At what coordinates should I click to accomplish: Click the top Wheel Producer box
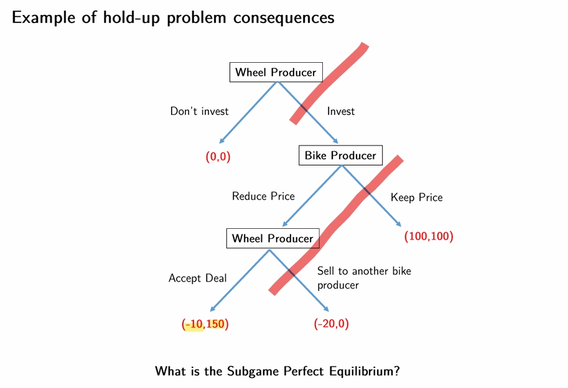(x=276, y=72)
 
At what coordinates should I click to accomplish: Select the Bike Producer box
(x=340, y=155)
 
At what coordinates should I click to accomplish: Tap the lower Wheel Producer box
(x=272, y=238)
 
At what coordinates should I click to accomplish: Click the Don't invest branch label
(x=199, y=111)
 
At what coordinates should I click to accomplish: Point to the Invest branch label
(x=341, y=111)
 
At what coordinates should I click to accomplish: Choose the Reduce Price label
(x=263, y=196)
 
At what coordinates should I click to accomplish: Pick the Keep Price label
(x=417, y=197)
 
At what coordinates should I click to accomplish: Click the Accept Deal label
(x=197, y=278)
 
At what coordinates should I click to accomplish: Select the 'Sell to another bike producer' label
(x=364, y=278)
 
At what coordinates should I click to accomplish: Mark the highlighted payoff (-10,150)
(x=205, y=324)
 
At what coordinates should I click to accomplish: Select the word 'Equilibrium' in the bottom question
(x=360, y=371)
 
